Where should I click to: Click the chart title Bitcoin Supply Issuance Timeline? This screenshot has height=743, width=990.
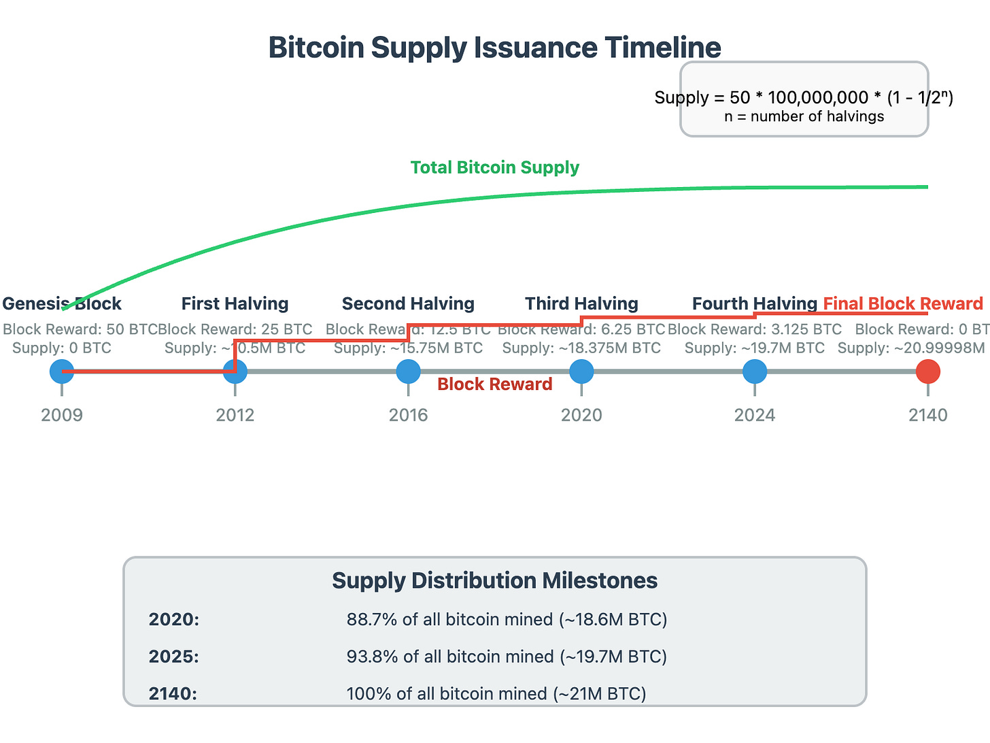[x=494, y=48]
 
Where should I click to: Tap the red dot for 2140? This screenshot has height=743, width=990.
[x=927, y=371]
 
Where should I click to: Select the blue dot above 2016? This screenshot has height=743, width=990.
[x=408, y=371]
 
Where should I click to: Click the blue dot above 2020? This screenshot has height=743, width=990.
[x=581, y=371]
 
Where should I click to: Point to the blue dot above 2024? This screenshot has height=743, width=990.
[x=755, y=371]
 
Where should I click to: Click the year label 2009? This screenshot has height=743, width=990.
[x=62, y=415]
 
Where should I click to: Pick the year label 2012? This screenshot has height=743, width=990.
[x=235, y=415]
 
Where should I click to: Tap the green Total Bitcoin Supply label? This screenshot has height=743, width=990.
[x=494, y=167]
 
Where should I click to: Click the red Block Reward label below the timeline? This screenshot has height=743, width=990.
[x=494, y=384]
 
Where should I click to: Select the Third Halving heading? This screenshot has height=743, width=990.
[x=581, y=303]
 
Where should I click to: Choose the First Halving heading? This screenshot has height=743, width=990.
[x=235, y=303]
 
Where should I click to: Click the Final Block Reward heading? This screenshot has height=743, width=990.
[x=903, y=303]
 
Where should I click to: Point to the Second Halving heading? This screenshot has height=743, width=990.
[x=408, y=303]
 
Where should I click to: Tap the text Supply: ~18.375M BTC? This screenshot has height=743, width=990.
[x=581, y=348]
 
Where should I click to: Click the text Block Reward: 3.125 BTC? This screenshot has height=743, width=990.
[x=755, y=329]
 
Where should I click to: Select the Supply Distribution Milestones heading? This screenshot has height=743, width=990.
[x=494, y=580]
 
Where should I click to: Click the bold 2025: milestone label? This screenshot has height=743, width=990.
[x=174, y=657]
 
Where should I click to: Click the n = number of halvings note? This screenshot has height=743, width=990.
[x=804, y=116]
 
